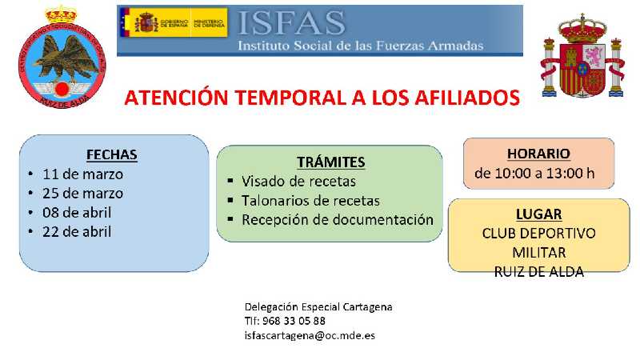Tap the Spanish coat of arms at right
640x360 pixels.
582,57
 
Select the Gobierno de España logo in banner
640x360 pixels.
173,22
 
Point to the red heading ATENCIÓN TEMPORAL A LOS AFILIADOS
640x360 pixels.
322,98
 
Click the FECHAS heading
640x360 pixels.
112,154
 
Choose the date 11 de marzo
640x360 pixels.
83,174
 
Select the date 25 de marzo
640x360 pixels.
83,193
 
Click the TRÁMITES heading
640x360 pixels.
330,162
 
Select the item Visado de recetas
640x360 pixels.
299,181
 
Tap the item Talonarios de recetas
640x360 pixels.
310,200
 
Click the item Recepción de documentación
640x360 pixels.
337,219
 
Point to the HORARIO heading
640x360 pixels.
538,153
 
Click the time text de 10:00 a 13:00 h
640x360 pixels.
534,173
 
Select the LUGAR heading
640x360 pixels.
538,214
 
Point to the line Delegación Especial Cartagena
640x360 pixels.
318,306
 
